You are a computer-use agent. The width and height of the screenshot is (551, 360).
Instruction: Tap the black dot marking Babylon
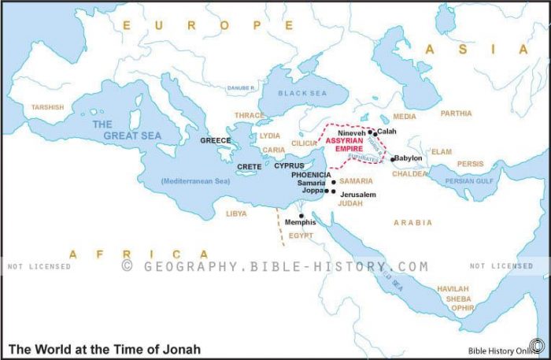(x=392, y=160)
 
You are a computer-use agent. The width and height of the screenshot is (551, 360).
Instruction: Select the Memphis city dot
(x=301, y=215)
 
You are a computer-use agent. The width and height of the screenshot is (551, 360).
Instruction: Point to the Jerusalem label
(x=358, y=194)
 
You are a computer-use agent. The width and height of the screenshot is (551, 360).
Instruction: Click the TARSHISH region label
(x=48, y=107)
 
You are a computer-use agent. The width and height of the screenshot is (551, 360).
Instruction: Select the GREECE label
(x=215, y=140)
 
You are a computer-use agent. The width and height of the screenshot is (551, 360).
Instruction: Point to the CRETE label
(x=250, y=167)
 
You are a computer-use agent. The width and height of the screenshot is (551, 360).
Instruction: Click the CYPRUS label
(x=289, y=166)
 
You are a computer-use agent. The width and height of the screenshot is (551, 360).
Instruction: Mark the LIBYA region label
(x=237, y=213)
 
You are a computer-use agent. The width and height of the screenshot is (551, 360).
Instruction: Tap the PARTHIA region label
(x=456, y=113)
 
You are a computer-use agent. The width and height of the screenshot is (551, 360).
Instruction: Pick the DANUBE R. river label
(x=241, y=87)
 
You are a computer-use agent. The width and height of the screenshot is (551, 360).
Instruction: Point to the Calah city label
(x=386, y=131)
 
